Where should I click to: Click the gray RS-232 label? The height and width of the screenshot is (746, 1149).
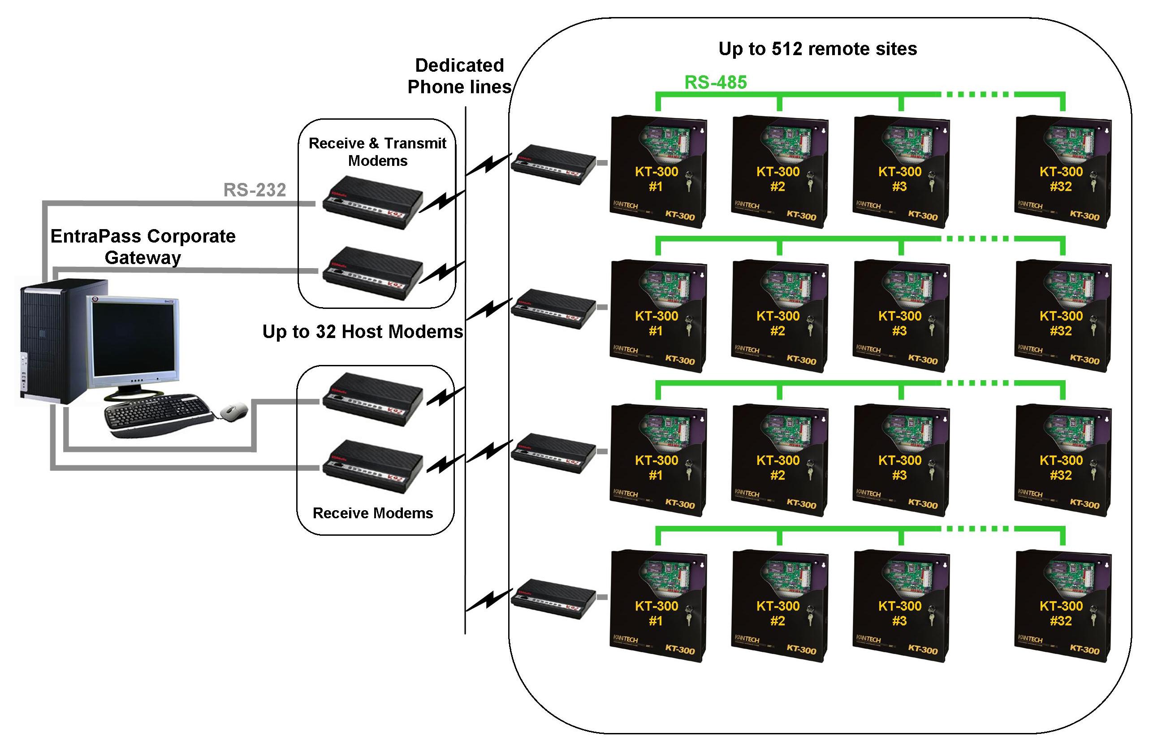pos(255,190)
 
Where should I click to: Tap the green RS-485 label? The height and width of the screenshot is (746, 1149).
pos(716,82)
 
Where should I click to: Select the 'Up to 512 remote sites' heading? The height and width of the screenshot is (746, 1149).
pos(817,49)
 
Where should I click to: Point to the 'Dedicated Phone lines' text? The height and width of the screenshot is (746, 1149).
pos(459,76)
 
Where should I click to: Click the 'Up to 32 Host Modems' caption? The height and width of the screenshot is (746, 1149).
pos(363,332)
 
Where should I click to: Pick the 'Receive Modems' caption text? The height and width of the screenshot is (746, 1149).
pos(373,513)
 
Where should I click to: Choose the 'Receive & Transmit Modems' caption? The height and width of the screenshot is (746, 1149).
pos(377,152)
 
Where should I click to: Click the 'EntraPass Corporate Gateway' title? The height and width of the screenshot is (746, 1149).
pos(143,246)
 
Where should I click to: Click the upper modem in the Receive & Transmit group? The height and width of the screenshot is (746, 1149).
pos(372,202)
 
